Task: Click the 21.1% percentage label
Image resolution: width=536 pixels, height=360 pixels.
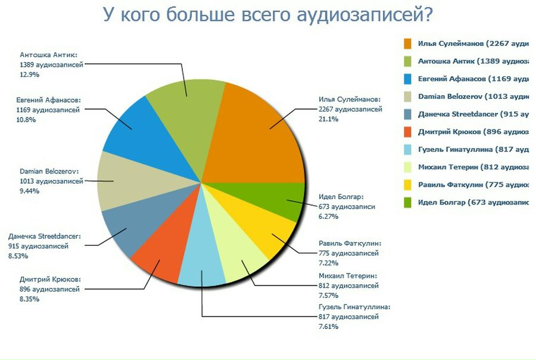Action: point(329,119)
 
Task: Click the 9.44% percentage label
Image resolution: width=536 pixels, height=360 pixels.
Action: point(30,191)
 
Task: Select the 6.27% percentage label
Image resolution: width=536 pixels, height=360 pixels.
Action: point(329,216)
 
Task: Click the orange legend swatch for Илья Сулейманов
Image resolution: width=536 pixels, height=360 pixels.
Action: point(408,44)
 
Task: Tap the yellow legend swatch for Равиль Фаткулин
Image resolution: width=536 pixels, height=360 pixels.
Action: point(408,185)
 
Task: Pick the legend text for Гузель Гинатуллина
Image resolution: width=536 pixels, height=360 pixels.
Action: point(473,149)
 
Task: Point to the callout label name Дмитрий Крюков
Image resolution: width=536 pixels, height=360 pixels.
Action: point(50,279)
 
